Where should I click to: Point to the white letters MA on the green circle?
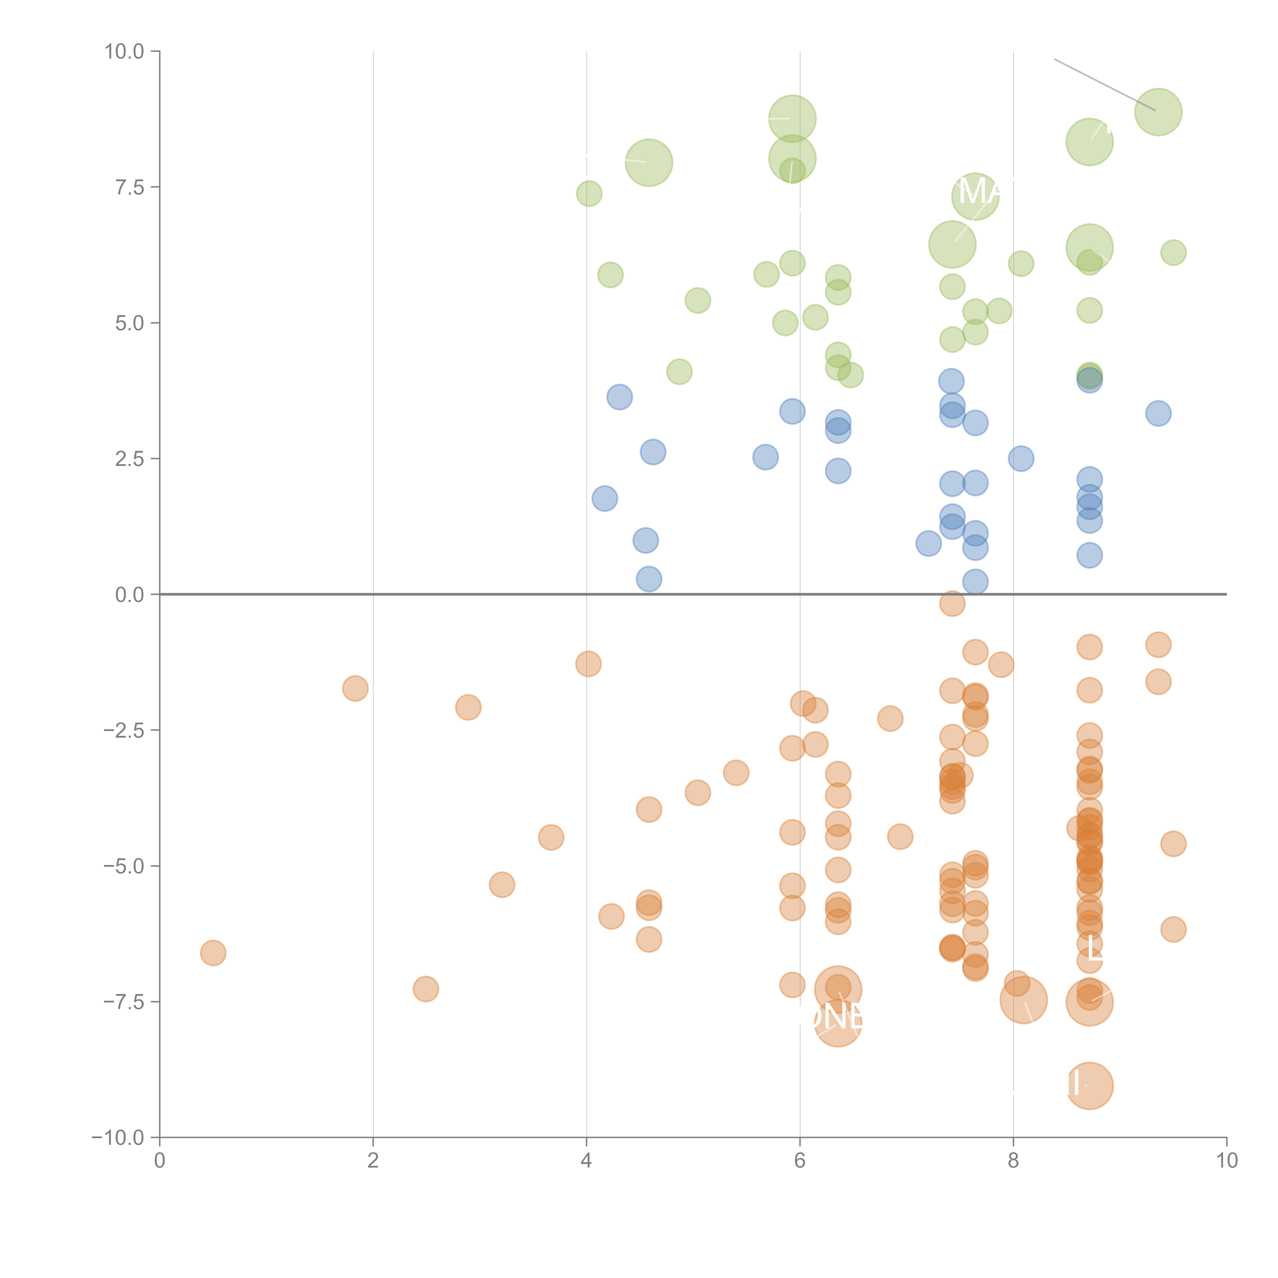click(x=978, y=192)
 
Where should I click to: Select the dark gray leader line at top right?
click(x=1105, y=85)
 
